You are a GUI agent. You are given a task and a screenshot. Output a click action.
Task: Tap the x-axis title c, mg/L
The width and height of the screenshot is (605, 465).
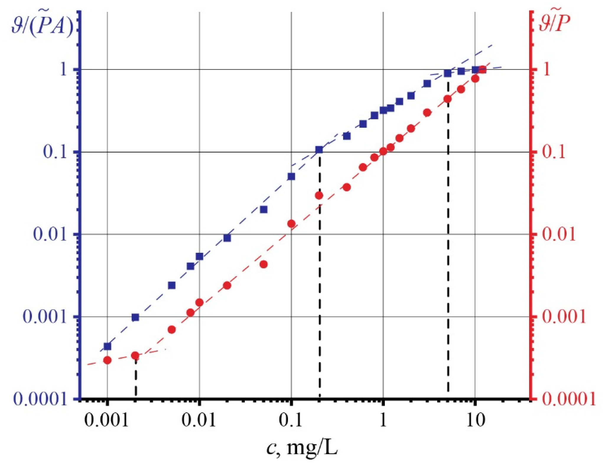pos(302,448)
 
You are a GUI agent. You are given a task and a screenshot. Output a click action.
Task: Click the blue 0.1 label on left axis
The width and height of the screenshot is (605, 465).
pos(55,152)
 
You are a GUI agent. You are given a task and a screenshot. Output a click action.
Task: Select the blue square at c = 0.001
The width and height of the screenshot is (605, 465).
pos(108,346)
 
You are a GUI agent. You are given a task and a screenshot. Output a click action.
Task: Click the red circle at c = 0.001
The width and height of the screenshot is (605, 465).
pos(108,360)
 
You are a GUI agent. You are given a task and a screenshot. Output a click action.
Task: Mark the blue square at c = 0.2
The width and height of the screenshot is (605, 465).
pos(319,150)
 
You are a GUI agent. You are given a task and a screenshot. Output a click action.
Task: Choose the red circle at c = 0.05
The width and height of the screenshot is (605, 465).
pos(264,264)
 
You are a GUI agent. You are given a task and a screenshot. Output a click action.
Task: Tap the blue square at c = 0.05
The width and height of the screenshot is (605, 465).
pos(264,210)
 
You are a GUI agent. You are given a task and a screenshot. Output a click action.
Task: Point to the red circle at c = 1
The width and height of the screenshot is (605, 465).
pos(383,151)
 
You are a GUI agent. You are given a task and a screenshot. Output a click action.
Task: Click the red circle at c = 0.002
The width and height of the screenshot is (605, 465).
pos(135,356)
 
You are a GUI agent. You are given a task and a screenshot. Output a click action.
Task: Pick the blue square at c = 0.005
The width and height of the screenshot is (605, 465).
pos(172,285)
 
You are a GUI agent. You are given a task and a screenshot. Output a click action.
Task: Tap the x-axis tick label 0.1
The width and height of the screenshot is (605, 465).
pos(291,420)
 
